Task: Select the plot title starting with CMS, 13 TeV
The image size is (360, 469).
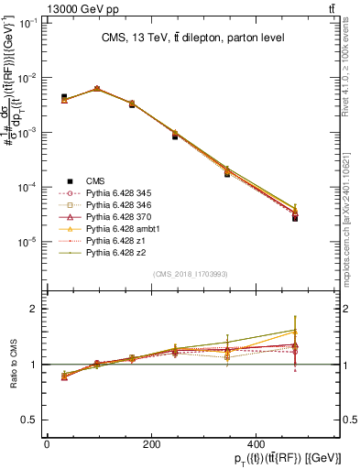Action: (192, 38)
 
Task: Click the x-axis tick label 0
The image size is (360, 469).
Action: (46, 443)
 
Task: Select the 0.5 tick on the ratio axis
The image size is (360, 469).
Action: (32, 420)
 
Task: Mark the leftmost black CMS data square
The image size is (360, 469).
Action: (64, 97)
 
